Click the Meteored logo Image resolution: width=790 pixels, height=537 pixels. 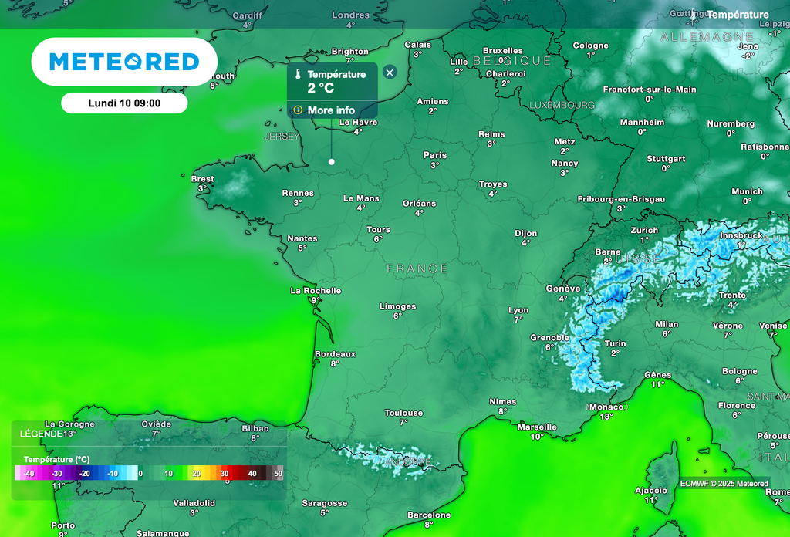pos(124,62)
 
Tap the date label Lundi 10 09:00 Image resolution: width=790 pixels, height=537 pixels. pos(124,103)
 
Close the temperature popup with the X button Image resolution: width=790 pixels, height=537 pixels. pos(390,73)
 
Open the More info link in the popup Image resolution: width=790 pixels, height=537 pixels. pos(331,110)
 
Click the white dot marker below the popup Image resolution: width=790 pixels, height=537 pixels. pos(332,161)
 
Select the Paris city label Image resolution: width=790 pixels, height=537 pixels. pos(435,155)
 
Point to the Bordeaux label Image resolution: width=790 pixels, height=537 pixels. pos(335,354)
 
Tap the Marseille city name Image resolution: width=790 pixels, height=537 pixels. pos(537,427)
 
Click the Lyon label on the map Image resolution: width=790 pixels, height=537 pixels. pos(518,310)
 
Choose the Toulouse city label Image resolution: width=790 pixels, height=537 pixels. pos(404,413)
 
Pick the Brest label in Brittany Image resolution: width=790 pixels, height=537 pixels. pos(203,179)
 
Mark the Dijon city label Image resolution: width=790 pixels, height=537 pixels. pos(526,233)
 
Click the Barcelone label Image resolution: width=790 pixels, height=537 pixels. pos(429,515)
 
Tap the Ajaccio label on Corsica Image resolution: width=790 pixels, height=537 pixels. pos(651,490)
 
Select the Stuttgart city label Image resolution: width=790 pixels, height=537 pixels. pos(666,159)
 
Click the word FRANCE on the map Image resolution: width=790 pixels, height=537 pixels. pos(417,268)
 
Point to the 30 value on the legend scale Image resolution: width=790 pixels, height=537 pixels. pos(225,473)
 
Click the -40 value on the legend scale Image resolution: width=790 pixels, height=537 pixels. pos(29,473)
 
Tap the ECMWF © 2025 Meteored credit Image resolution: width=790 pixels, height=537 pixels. pos(724,484)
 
